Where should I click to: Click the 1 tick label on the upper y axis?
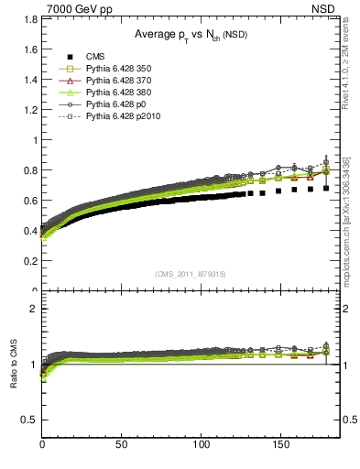tap(35, 140)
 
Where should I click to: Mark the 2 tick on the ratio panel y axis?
tap(35, 309)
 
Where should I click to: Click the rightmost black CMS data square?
tap(326, 188)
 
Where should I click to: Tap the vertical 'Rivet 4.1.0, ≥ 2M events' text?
tap(351, 82)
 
